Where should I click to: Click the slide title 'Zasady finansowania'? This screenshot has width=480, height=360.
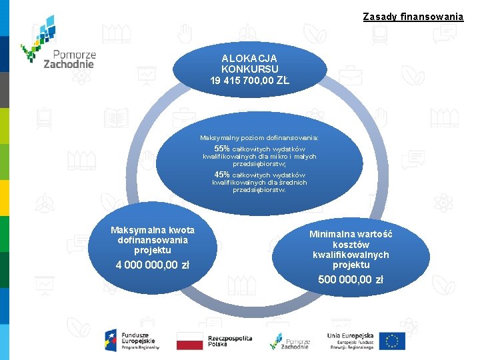click(413, 17)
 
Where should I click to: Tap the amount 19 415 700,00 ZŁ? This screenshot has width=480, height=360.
click(249, 81)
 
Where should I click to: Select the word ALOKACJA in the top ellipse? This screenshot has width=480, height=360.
click(249, 59)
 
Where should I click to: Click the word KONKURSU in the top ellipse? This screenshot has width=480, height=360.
click(249, 69)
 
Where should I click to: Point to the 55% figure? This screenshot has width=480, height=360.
click(221, 149)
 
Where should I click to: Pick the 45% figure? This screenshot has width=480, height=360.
click(221, 175)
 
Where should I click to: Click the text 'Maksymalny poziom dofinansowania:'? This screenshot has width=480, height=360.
click(259, 137)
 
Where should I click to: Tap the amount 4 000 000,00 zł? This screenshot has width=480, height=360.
click(153, 265)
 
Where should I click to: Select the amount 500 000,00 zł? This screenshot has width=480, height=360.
click(351, 279)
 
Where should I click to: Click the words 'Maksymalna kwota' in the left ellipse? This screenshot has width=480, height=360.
click(153, 230)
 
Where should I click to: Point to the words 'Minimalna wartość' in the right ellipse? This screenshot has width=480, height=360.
click(351, 234)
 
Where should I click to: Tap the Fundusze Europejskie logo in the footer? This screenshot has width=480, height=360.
click(131, 341)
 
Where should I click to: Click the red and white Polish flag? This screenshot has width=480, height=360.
click(189, 341)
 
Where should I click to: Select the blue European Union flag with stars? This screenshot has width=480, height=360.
click(394, 341)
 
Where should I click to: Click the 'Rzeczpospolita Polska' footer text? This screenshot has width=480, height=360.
click(230, 341)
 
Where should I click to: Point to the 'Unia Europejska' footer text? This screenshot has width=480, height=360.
click(351, 336)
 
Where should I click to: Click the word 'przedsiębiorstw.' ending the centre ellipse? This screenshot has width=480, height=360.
click(259, 190)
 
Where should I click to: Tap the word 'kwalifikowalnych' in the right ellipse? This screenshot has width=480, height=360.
click(351, 255)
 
